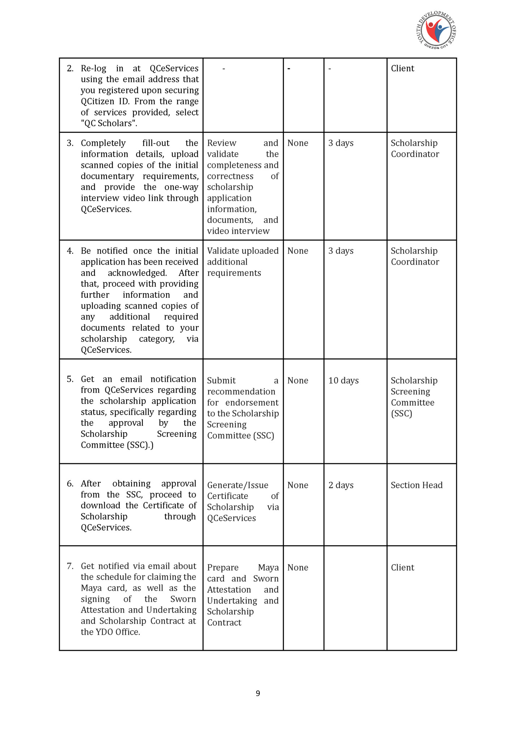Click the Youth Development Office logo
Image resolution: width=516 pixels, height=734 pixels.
coord(436,30)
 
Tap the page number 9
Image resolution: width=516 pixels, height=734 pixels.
coord(258,693)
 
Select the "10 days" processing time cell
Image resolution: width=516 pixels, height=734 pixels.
coord(343,380)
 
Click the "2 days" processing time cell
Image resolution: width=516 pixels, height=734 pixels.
coord(341,485)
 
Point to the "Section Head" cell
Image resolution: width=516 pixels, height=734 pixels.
coord(416,485)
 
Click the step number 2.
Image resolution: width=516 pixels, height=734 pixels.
coord(70,68)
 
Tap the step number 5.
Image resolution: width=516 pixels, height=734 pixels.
coord(70,379)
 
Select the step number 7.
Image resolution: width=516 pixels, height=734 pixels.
coord(70,566)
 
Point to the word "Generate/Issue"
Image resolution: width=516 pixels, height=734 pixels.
coord(237,485)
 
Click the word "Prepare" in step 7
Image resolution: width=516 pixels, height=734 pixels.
coord(223,568)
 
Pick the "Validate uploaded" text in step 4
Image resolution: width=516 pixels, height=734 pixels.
coord(242,251)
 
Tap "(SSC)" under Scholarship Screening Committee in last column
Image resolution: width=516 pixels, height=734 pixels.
coord(401,414)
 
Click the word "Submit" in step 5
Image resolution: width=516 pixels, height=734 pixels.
coord(221,380)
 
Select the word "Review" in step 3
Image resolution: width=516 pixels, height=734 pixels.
coord(222,143)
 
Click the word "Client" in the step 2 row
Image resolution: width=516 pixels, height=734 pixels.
coord(402,68)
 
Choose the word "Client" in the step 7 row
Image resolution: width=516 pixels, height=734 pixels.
coord(402,568)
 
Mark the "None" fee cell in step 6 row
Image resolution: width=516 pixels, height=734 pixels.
coord(297,485)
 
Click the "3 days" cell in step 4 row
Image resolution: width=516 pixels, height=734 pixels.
coord(341,251)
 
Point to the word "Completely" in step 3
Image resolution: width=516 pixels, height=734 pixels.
coord(103,143)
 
